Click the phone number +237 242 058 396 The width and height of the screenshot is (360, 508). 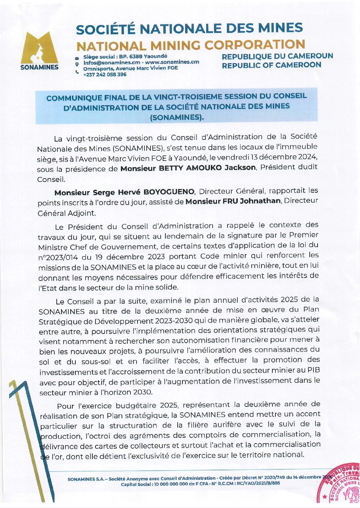(x=105, y=75)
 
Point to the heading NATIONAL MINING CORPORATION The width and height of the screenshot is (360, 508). (x=191, y=45)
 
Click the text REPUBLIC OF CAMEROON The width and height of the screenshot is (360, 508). (x=271, y=65)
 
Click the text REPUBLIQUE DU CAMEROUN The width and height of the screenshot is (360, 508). (x=277, y=56)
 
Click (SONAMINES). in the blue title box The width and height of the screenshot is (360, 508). (x=177, y=117)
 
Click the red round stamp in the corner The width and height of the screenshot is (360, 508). (x=340, y=484)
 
